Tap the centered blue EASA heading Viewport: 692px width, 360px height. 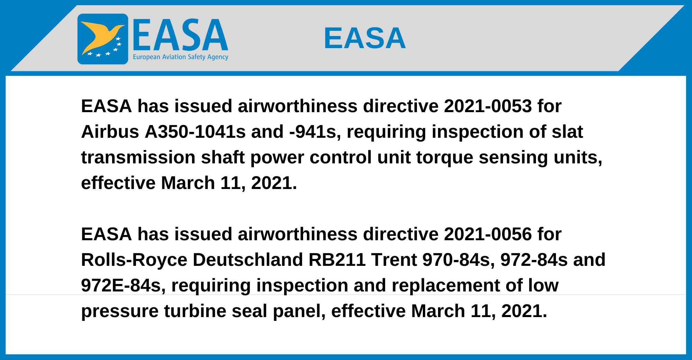365,38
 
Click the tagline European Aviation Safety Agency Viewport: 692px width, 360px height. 181,57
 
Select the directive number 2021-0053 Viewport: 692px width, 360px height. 488,106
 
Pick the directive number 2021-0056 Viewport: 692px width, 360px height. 488,234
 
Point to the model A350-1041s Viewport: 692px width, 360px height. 195,132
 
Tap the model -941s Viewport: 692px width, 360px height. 313,132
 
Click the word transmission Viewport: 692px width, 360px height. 138,157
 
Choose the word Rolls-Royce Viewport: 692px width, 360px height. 134,260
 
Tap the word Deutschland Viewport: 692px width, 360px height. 248,260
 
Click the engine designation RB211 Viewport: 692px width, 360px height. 337,260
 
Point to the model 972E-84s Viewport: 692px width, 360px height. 121,286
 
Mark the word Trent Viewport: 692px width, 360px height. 394,260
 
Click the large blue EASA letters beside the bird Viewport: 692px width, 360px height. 180,35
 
